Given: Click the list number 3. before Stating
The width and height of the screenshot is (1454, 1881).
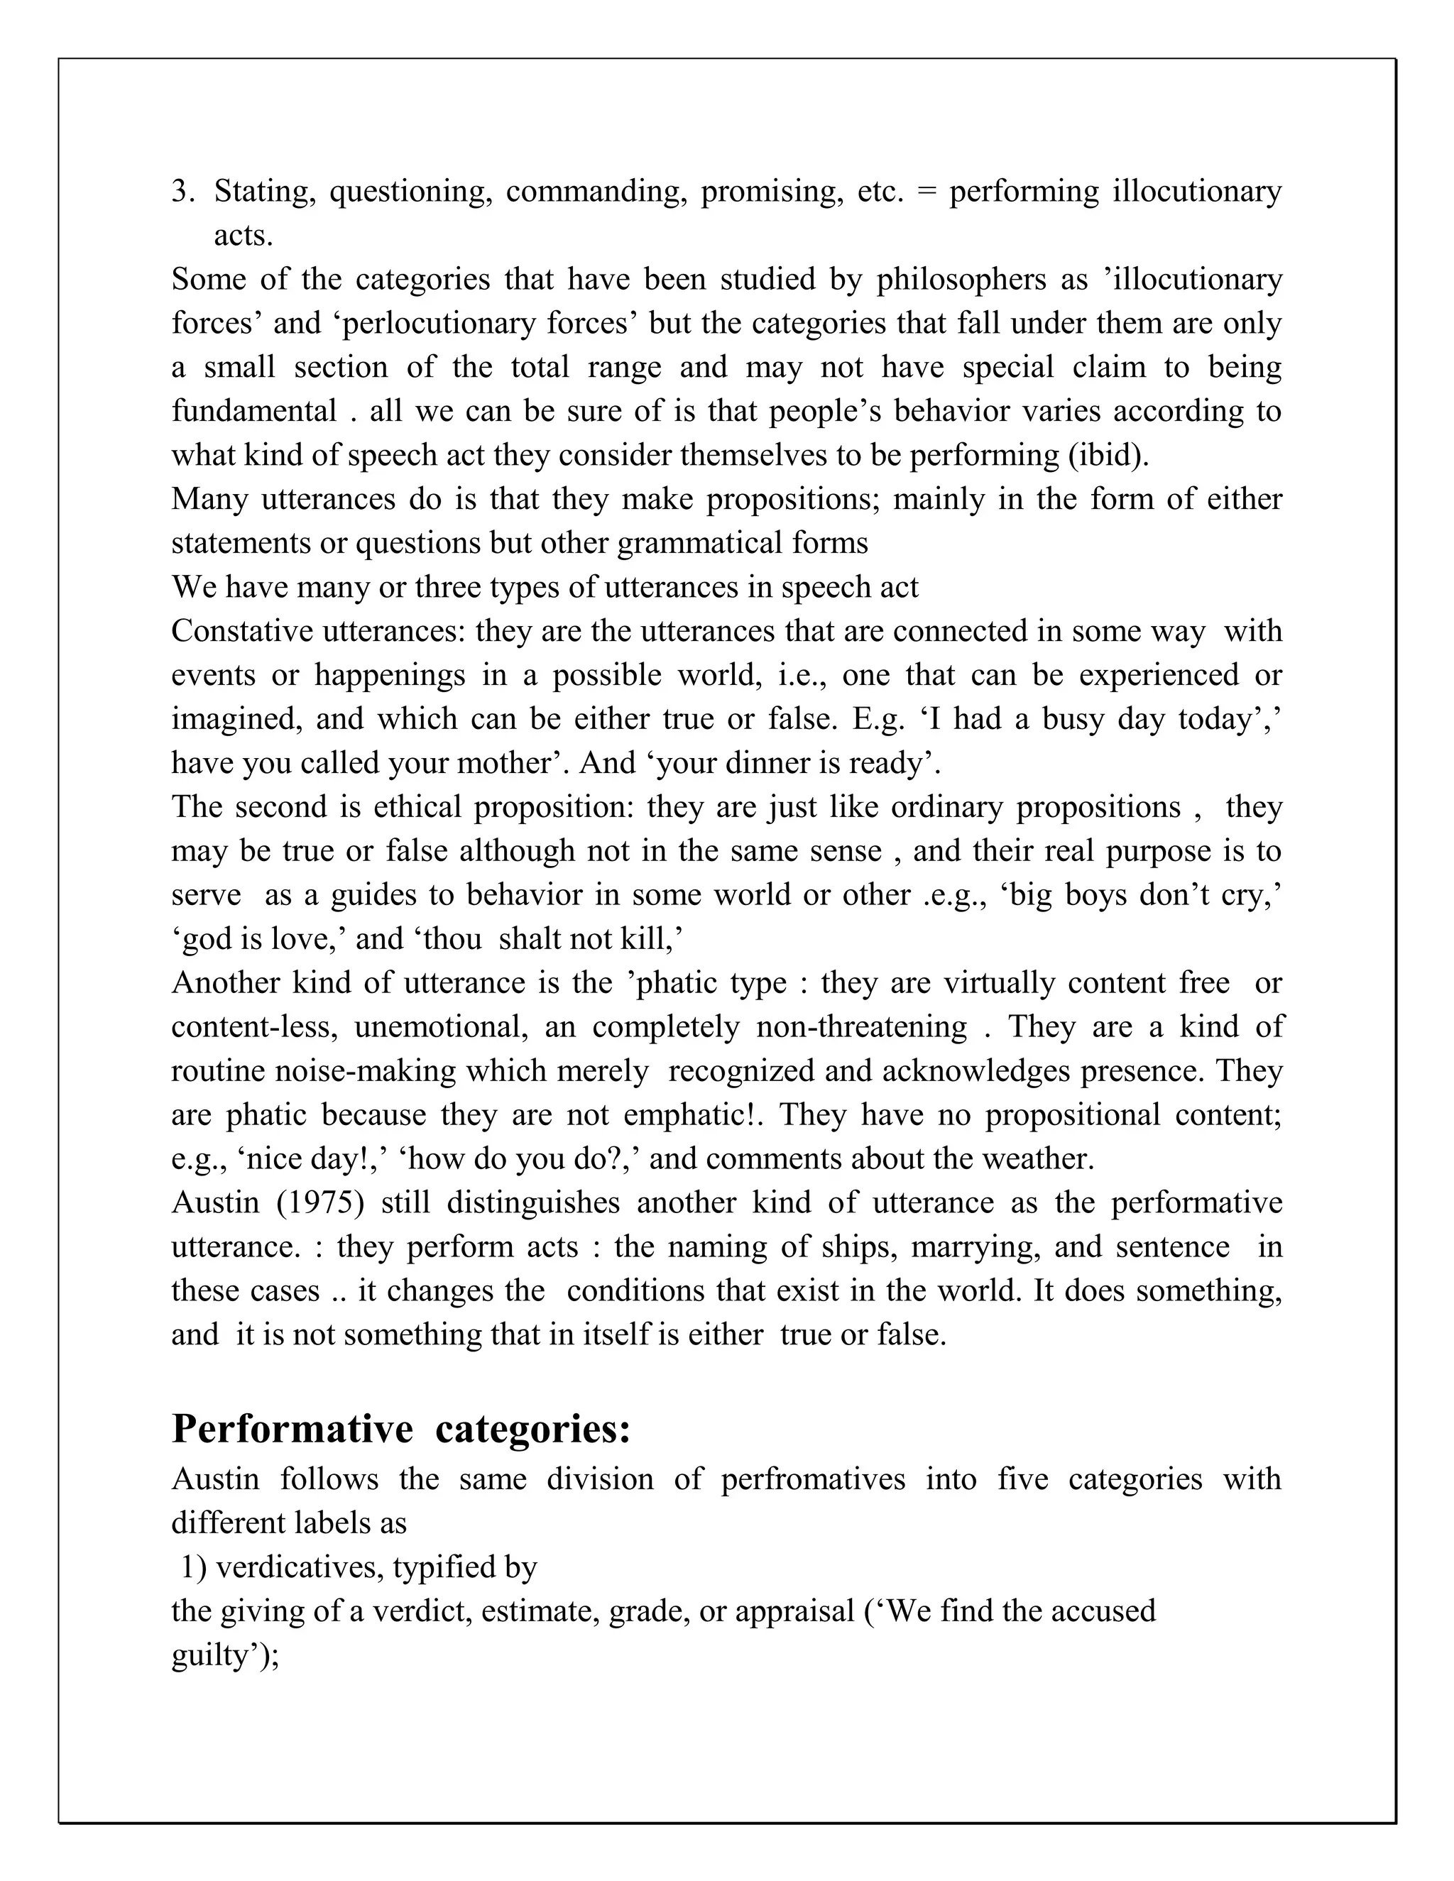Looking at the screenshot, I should [182, 191].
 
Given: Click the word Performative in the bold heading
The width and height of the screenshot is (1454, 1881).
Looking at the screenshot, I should [292, 1429].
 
